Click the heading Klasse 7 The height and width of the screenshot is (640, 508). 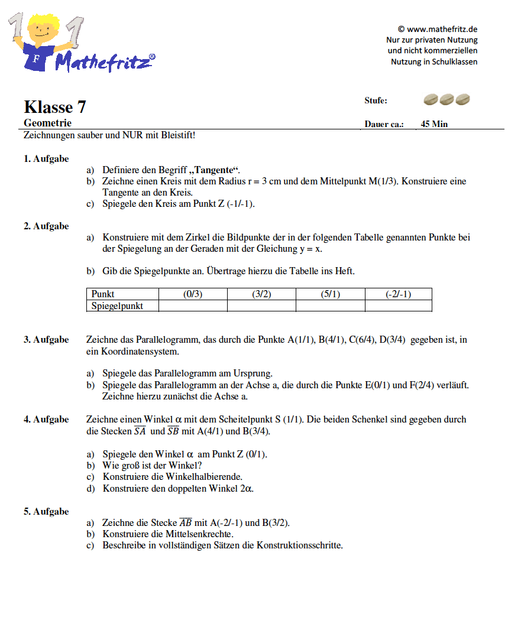pos(55,107)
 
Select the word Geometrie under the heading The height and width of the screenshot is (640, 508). pos(48,123)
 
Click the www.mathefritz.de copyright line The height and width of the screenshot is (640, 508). pos(438,29)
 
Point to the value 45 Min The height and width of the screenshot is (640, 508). pos(434,124)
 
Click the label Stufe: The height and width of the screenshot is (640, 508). pos(376,100)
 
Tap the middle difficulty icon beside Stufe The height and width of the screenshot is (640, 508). pos(447,100)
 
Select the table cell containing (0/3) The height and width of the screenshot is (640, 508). pos(193,294)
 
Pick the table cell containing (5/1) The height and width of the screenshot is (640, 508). pos(330,294)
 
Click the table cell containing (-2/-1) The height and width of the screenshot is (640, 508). pos(398,294)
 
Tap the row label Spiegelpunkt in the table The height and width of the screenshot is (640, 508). pos(117,306)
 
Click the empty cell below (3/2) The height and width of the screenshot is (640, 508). pos(261,306)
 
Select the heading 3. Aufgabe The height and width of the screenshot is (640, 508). pos(46,339)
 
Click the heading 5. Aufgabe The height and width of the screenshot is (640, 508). pos(46,511)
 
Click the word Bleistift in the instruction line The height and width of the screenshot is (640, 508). pos(176,135)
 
